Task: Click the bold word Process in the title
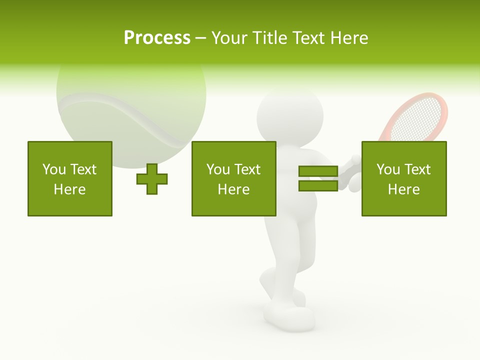[x=157, y=38]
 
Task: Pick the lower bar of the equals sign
[x=318, y=185]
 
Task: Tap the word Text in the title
[x=308, y=38]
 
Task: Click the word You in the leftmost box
[x=54, y=169]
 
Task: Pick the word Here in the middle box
[x=234, y=189]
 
